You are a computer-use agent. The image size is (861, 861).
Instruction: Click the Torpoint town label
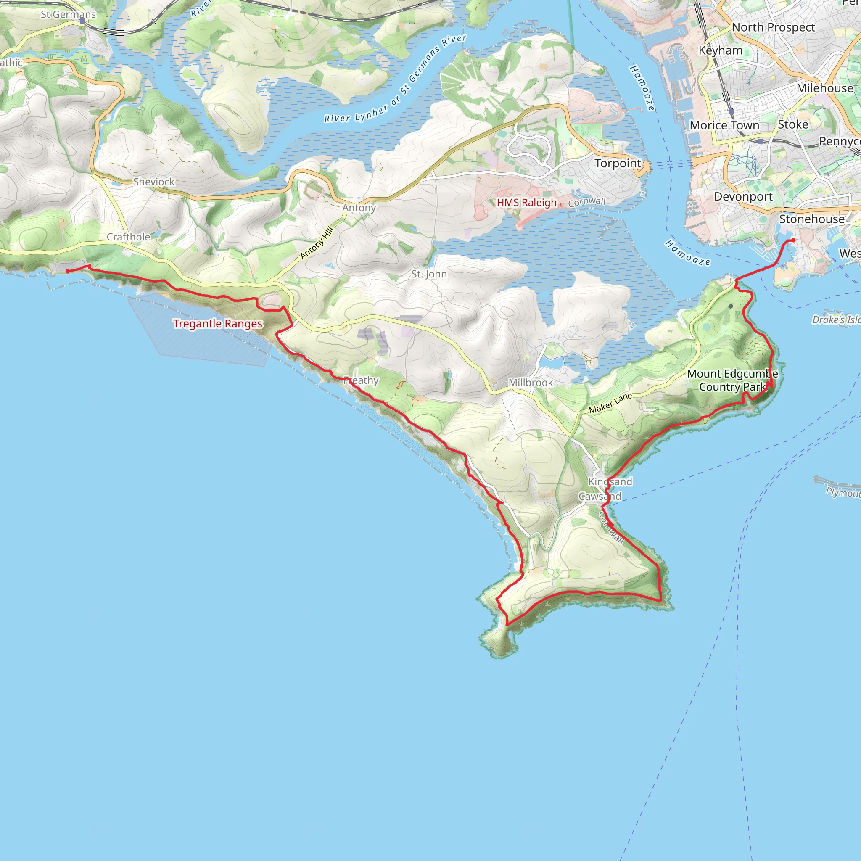click(x=618, y=164)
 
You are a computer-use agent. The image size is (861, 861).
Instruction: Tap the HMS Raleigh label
click(x=526, y=203)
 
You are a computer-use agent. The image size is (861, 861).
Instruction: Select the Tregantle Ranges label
click(x=217, y=324)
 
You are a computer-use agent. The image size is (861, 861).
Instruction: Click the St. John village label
click(x=429, y=274)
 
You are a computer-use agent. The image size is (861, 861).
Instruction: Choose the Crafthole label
click(x=128, y=237)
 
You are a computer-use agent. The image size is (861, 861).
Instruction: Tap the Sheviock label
click(x=154, y=182)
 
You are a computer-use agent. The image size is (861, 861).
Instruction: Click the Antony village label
click(x=359, y=208)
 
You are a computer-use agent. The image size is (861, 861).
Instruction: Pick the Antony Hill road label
click(x=317, y=243)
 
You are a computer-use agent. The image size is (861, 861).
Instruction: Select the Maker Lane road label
click(x=610, y=403)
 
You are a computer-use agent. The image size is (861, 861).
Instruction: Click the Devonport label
click(x=743, y=196)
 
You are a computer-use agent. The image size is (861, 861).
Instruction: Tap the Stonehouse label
click(x=811, y=219)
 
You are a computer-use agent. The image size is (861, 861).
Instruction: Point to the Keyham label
click(x=720, y=51)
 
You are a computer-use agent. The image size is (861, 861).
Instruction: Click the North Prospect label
click(x=773, y=28)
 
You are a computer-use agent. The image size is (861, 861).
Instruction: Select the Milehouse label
click(x=824, y=88)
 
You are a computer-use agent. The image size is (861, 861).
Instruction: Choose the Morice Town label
click(x=724, y=126)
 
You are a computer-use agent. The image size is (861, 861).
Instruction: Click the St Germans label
click(x=68, y=15)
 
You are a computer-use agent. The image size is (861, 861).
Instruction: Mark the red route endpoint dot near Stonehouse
click(x=793, y=240)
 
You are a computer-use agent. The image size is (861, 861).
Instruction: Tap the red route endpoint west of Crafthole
click(x=68, y=271)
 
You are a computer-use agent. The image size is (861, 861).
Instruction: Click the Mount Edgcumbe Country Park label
click(x=732, y=380)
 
